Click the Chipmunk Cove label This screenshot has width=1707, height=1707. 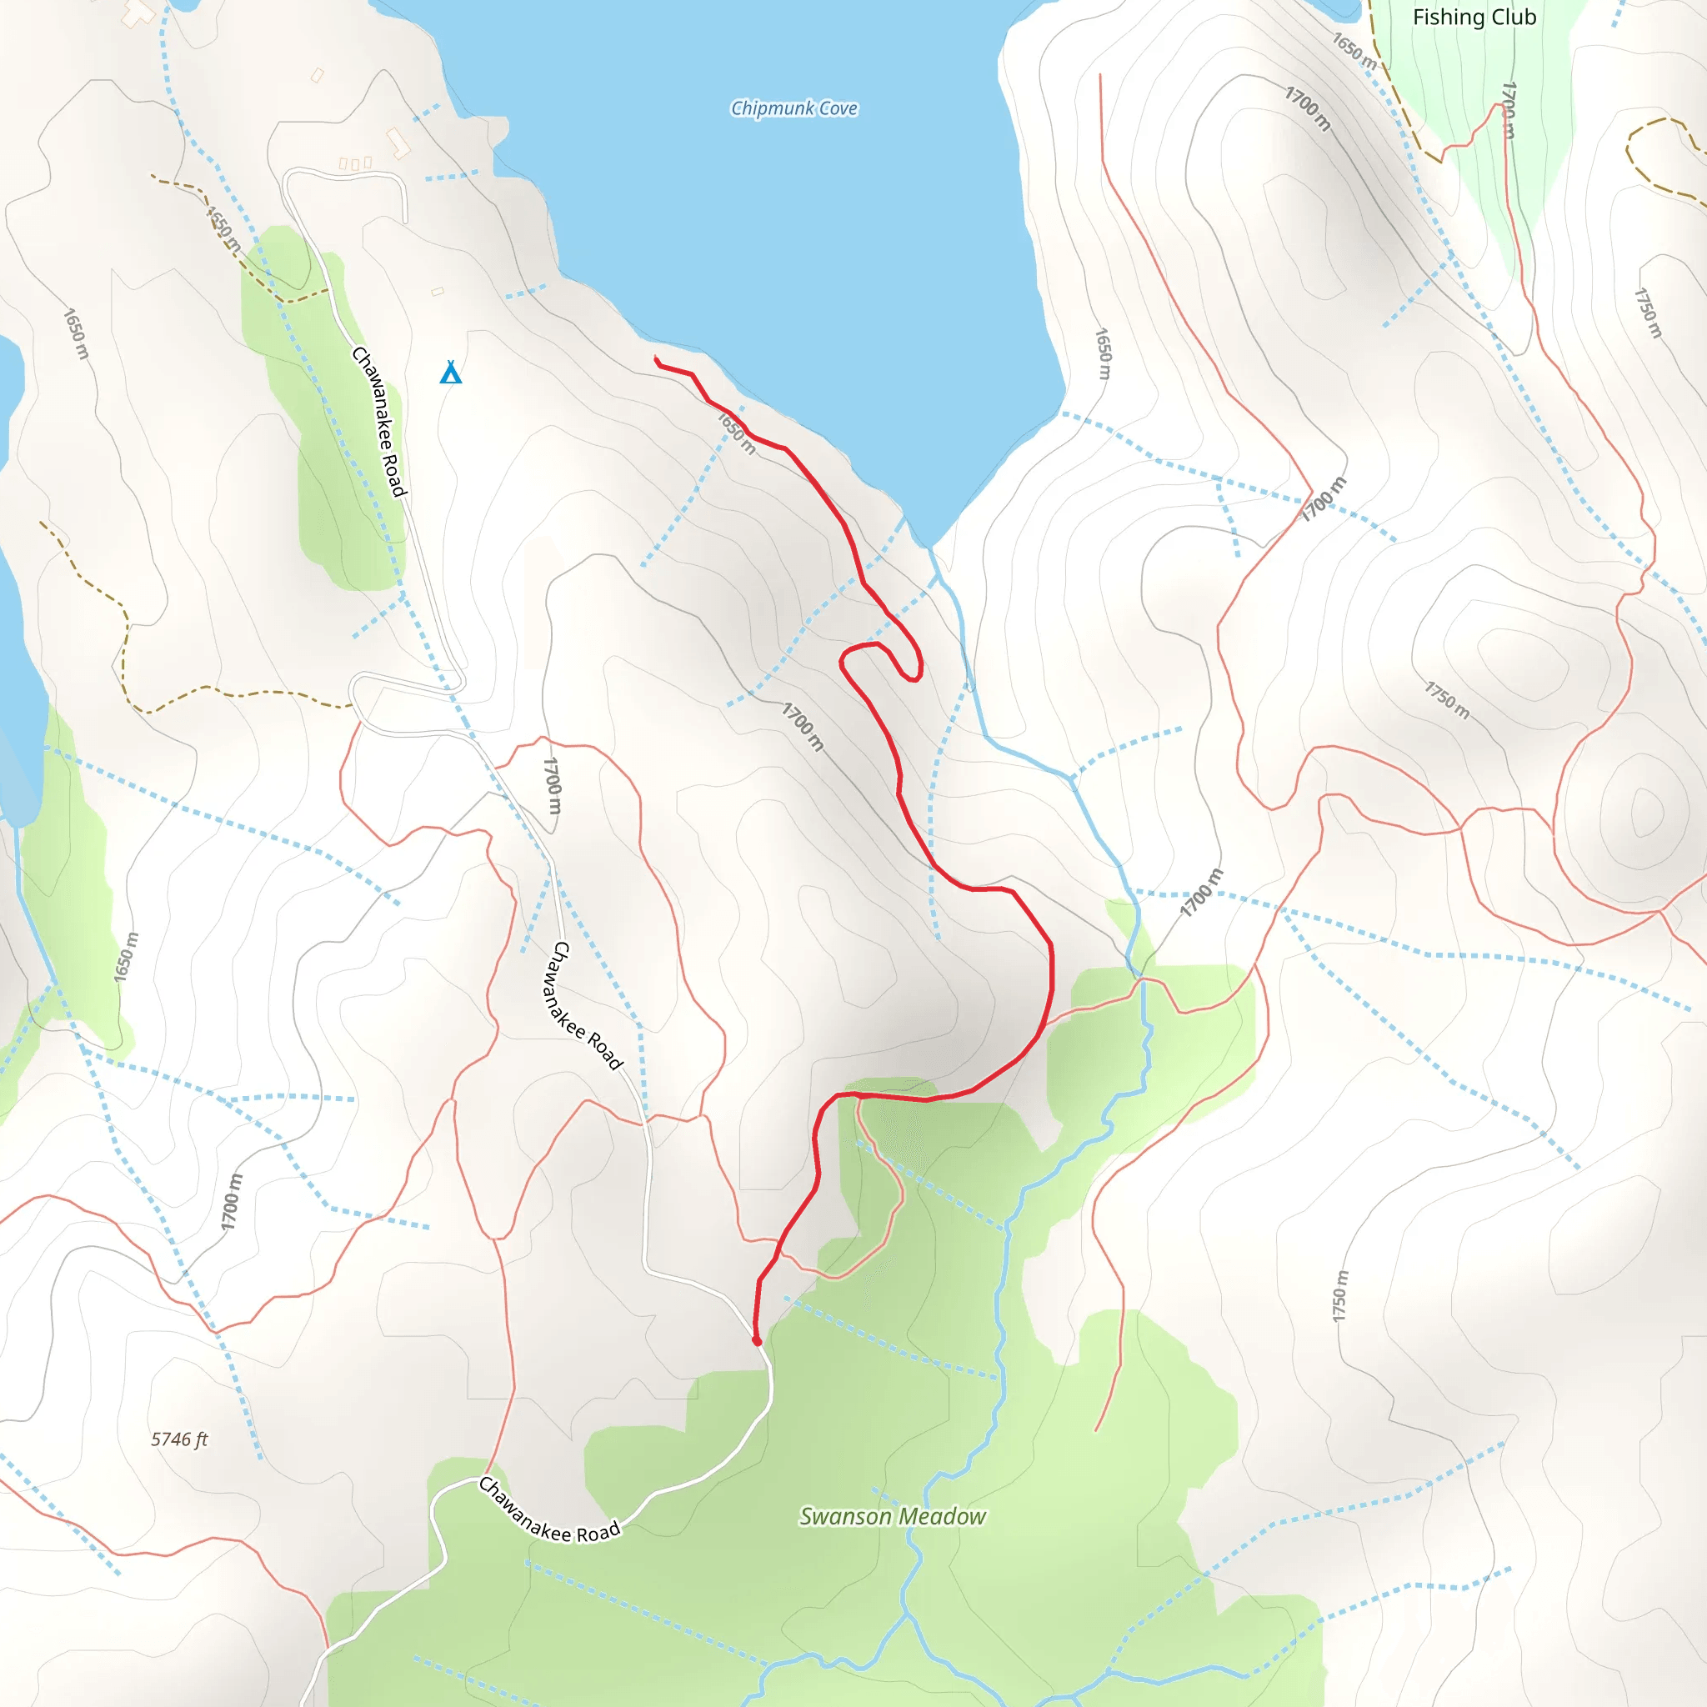click(x=793, y=108)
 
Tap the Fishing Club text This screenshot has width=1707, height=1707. click(x=1474, y=18)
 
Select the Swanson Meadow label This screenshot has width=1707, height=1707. click(x=893, y=1516)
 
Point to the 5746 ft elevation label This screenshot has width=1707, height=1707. click(x=179, y=1439)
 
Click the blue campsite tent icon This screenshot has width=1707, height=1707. click(x=451, y=373)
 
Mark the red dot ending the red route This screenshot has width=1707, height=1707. click(x=756, y=1341)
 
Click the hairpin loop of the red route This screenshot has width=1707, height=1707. click(x=910, y=658)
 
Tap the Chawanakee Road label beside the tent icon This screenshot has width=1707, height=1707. click(x=379, y=422)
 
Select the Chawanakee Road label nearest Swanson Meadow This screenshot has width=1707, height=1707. click(x=548, y=1510)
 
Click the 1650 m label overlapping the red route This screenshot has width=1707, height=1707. click(x=736, y=433)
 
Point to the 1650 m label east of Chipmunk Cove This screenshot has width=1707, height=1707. click(x=1103, y=353)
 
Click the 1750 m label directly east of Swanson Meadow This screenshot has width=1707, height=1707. click(x=1340, y=1296)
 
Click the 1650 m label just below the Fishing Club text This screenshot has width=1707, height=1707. click(x=1354, y=50)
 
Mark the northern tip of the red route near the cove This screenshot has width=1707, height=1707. click(x=656, y=358)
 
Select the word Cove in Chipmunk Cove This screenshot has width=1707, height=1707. click(x=838, y=108)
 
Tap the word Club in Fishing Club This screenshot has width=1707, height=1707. click(x=1514, y=18)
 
